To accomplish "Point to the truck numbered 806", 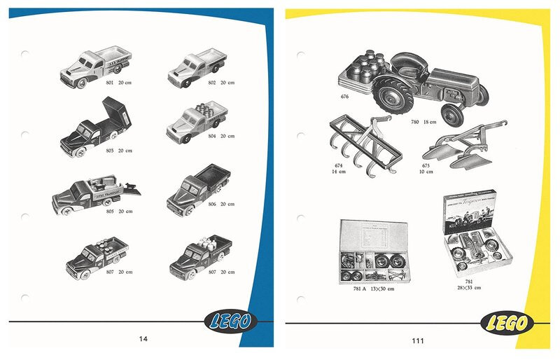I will click(197, 186).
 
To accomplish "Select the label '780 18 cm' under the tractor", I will click(423, 121).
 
